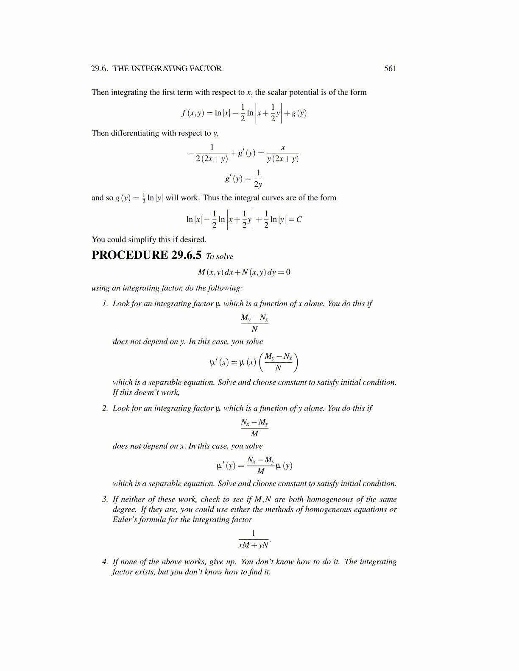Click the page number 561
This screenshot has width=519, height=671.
click(x=390, y=69)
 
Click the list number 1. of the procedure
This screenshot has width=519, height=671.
click(x=105, y=304)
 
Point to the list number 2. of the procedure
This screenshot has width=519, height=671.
click(x=105, y=408)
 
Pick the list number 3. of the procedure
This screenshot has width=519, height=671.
click(x=105, y=499)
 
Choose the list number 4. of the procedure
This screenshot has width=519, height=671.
click(x=105, y=562)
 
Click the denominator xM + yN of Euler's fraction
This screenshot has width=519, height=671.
click(x=254, y=545)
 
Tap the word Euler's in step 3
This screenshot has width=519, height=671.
click(x=124, y=520)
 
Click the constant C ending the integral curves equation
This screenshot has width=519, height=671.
click(x=299, y=219)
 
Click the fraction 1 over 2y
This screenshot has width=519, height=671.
click(x=258, y=179)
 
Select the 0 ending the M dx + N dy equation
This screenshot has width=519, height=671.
click(x=288, y=272)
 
